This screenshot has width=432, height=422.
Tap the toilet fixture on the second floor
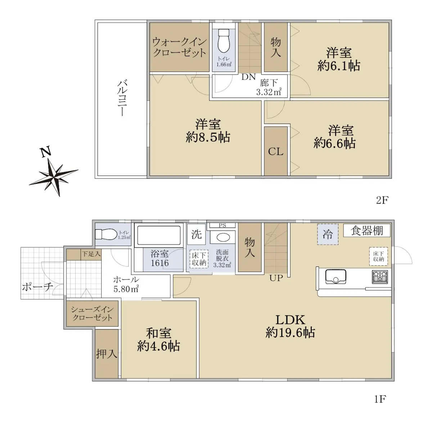pos(223,41)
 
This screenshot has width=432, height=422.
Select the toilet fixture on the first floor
pos(106,234)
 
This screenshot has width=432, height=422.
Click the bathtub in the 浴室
pos(158,235)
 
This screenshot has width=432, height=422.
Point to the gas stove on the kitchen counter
pos(380,277)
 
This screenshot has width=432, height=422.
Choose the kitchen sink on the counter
pos(336,276)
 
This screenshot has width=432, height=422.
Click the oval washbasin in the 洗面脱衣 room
pos(223,238)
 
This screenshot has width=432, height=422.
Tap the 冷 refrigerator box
pos(328,234)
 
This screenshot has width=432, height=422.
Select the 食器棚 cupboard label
pos(367,231)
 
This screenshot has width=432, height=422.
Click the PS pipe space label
pos(222,226)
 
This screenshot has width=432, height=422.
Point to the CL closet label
pos(275,151)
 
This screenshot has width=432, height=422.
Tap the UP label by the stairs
pos(276,278)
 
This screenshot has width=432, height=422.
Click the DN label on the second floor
pos(248,77)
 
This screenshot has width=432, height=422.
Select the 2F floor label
pos(382,200)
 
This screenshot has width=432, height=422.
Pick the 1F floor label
pos(380,399)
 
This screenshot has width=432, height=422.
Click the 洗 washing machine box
pos(197,234)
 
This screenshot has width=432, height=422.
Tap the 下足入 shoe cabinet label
pos(91,253)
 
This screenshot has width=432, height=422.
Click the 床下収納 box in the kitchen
pos(378,256)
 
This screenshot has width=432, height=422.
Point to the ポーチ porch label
pos(37,287)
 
